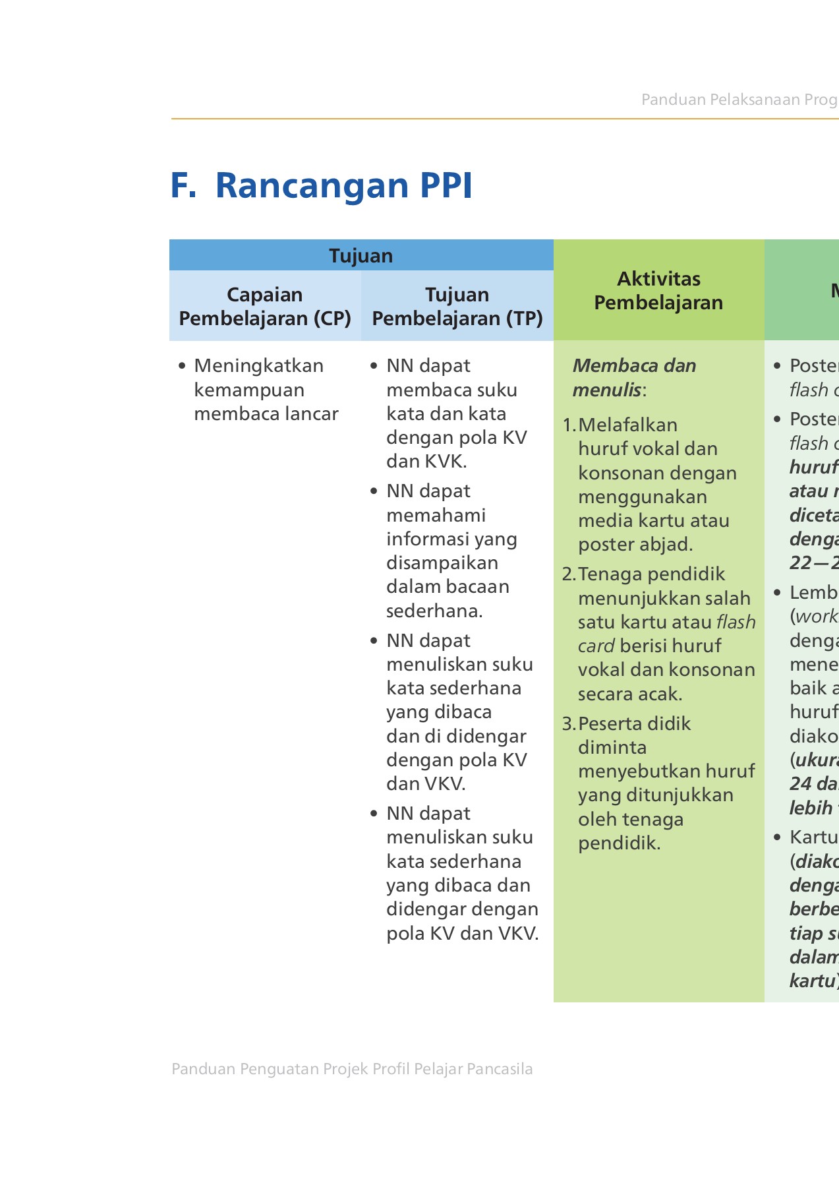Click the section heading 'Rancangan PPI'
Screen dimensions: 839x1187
[x=343, y=185]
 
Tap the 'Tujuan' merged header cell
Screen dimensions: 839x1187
[x=361, y=255]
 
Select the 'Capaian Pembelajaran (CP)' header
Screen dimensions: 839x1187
[x=264, y=306]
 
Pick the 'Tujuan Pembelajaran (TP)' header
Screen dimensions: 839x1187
[x=457, y=306]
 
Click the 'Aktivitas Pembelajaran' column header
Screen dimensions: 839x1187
[x=658, y=290]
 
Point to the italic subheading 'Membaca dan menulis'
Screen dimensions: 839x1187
[x=633, y=377]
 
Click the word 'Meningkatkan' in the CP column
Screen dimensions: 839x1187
[x=258, y=365]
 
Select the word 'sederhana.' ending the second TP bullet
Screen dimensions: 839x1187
[x=434, y=611]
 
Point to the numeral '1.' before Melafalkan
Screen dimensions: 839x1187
[x=569, y=425]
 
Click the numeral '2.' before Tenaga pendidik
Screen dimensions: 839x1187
[x=569, y=574]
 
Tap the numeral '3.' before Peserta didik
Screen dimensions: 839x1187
[x=569, y=723]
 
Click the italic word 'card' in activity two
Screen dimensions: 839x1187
[x=596, y=646]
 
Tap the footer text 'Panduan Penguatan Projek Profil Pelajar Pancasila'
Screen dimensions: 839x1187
[x=352, y=1069]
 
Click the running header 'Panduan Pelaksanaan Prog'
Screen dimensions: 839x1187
[x=739, y=100]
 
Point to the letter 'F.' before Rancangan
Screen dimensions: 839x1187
[x=183, y=185]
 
